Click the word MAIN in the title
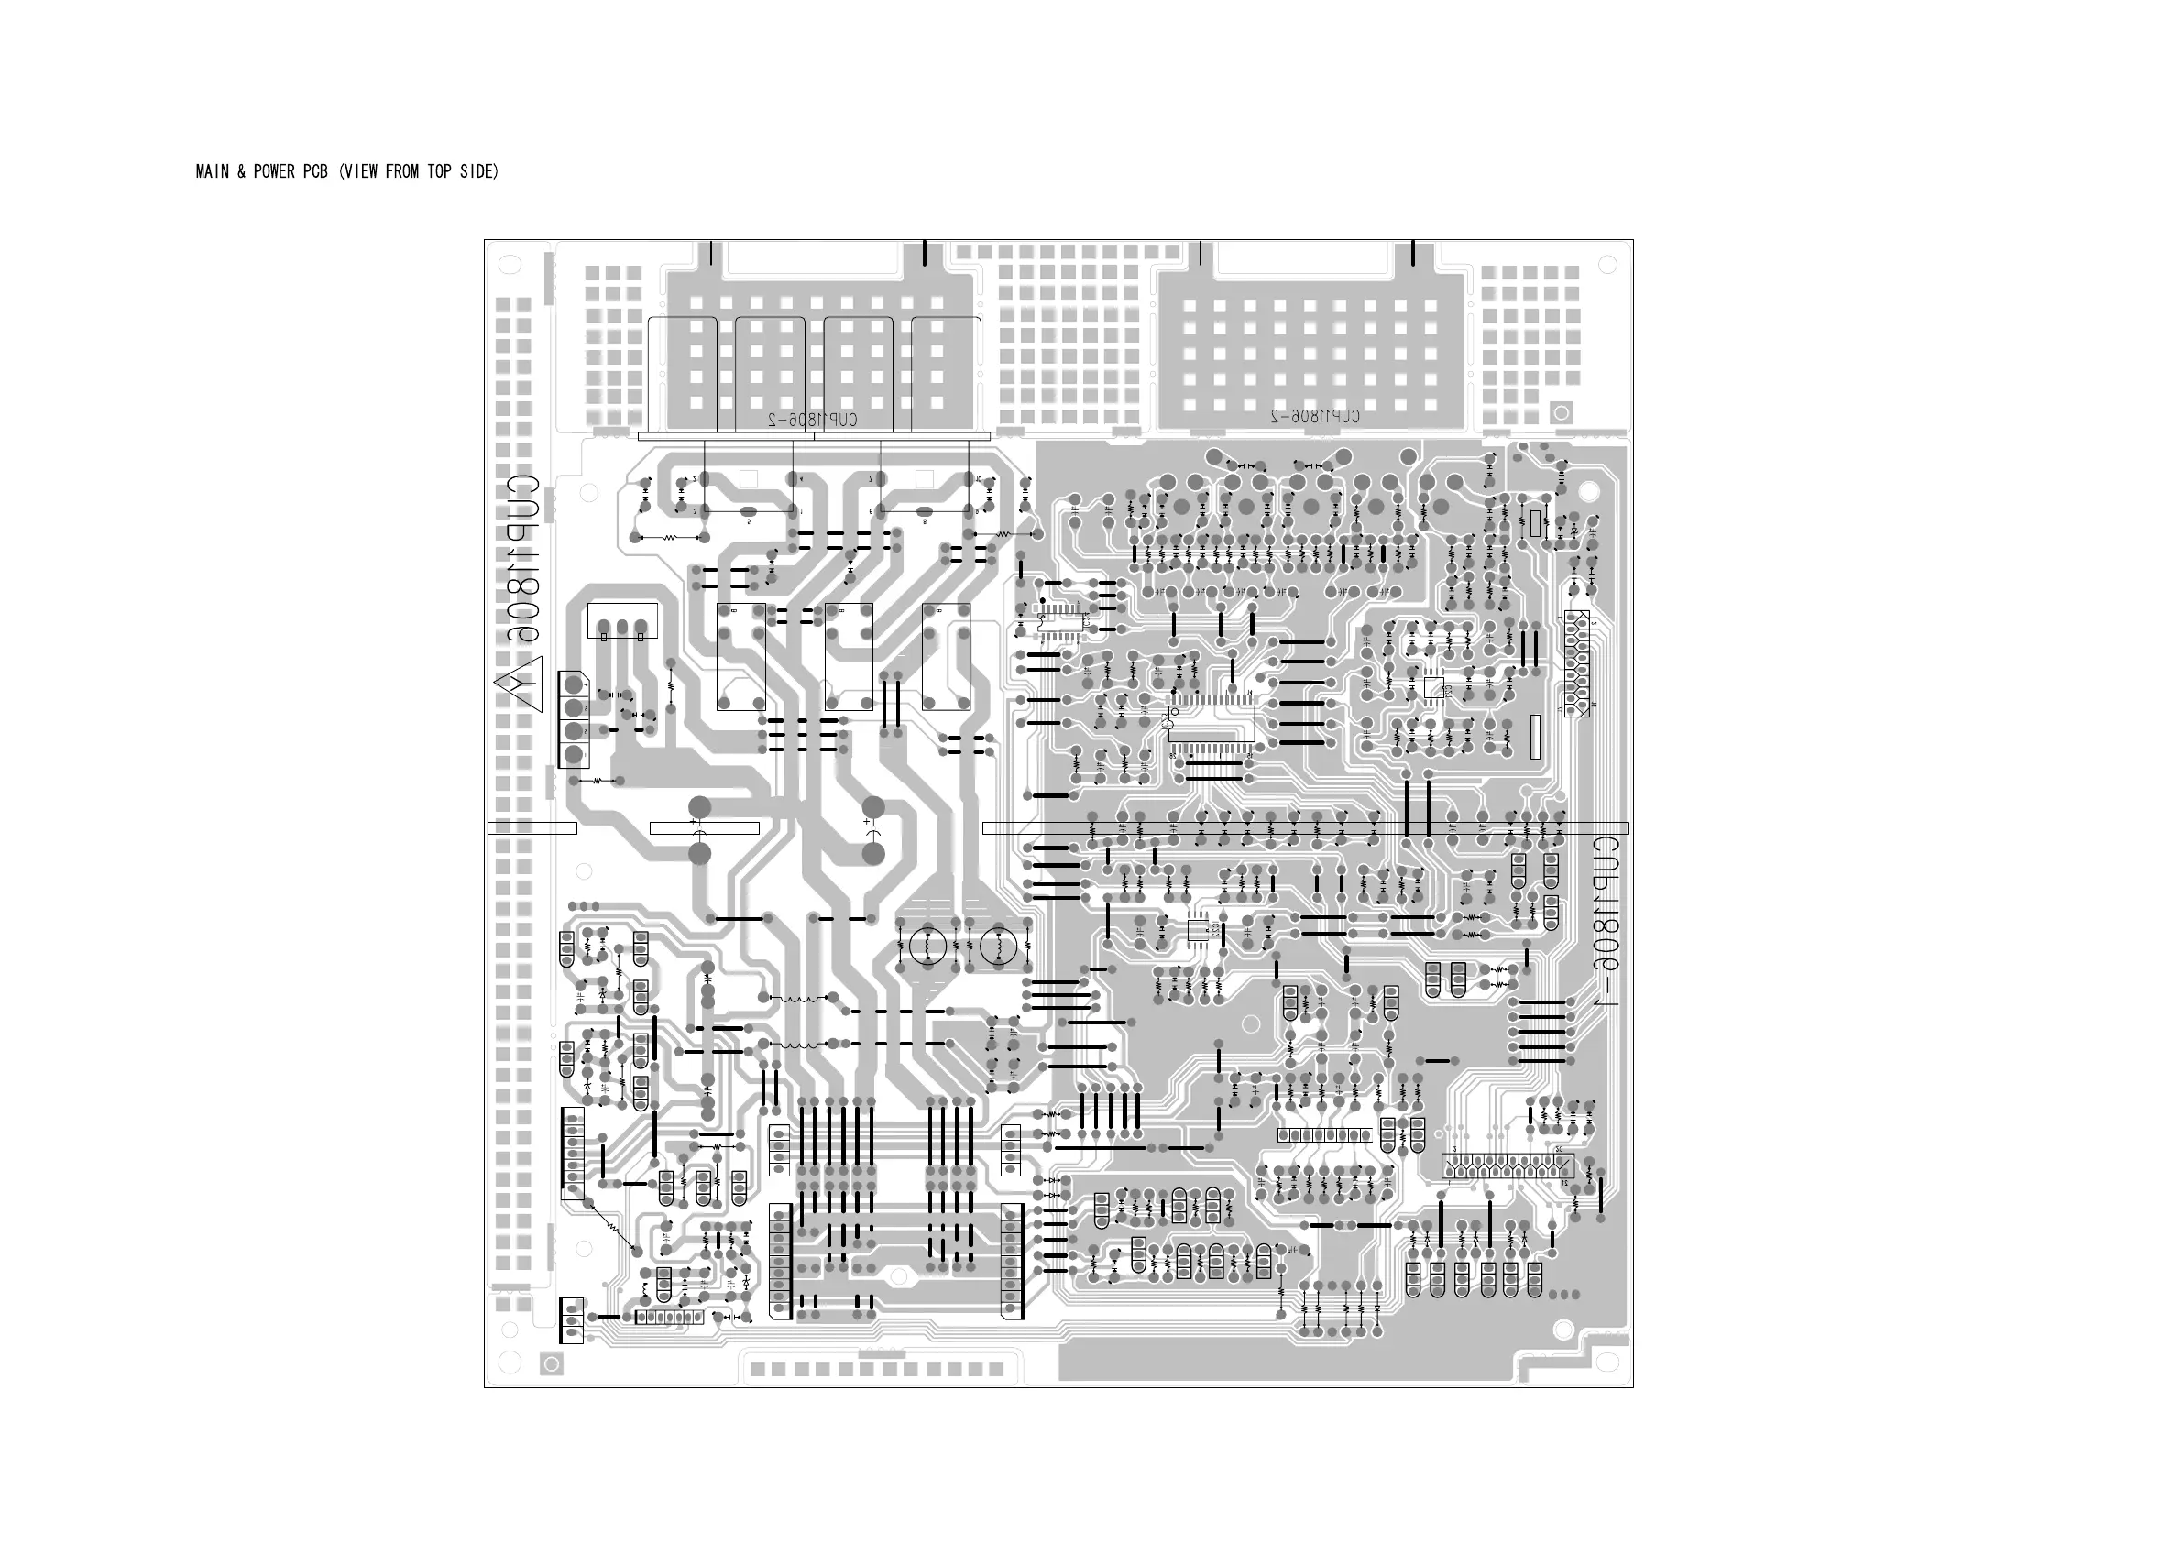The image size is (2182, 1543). tap(211, 172)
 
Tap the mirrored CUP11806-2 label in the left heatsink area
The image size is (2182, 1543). tap(813, 419)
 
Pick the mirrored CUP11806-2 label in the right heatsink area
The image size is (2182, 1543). tap(1315, 416)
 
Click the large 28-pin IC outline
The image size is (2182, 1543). tap(1211, 724)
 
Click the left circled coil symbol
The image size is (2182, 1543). tap(927, 947)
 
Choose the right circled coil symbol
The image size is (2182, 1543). tap(999, 947)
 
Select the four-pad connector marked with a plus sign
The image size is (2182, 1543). tap(573, 719)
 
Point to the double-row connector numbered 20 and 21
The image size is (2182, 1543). tap(1508, 1165)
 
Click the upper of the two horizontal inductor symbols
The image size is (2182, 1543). tap(798, 999)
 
